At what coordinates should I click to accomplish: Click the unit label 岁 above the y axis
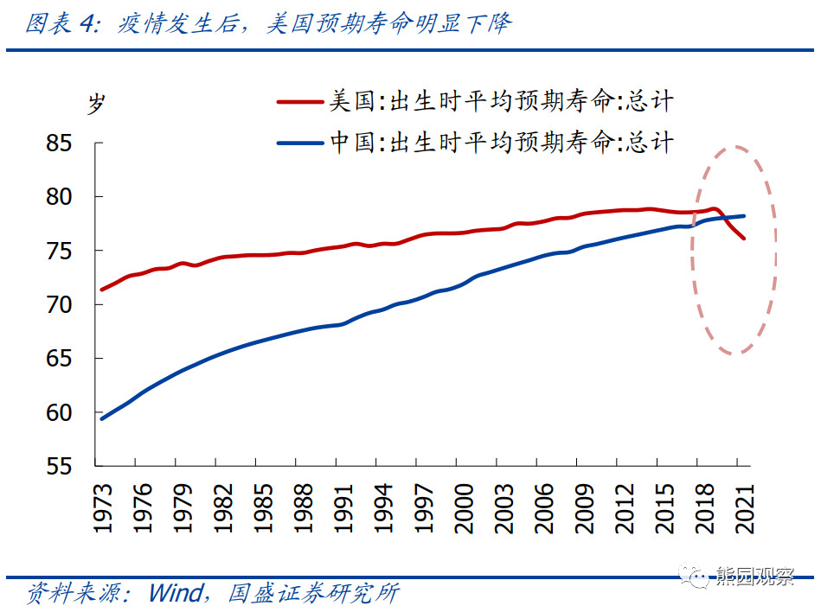click(95, 103)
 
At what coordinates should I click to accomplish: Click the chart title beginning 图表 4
click(268, 23)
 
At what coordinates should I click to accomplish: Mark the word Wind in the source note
click(176, 594)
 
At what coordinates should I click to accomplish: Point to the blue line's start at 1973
click(102, 418)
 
